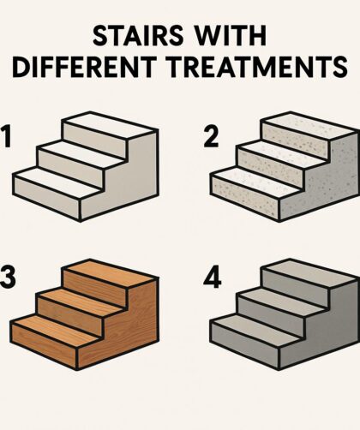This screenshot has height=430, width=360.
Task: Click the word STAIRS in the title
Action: click(x=138, y=36)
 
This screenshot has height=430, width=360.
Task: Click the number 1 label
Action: click(x=6, y=137)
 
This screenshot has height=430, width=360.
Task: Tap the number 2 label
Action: click(x=211, y=137)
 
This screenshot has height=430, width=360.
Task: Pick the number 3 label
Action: click(x=8, y=277)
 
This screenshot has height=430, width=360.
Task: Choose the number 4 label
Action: click(x=212, y=277)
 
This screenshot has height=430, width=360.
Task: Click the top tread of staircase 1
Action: click(x=110, y=125)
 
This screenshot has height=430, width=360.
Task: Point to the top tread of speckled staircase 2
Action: click(x=309, y=125)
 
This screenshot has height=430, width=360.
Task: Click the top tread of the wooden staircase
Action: click(x=110, y=272)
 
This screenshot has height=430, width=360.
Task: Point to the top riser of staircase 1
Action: click(x=94, y=140)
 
